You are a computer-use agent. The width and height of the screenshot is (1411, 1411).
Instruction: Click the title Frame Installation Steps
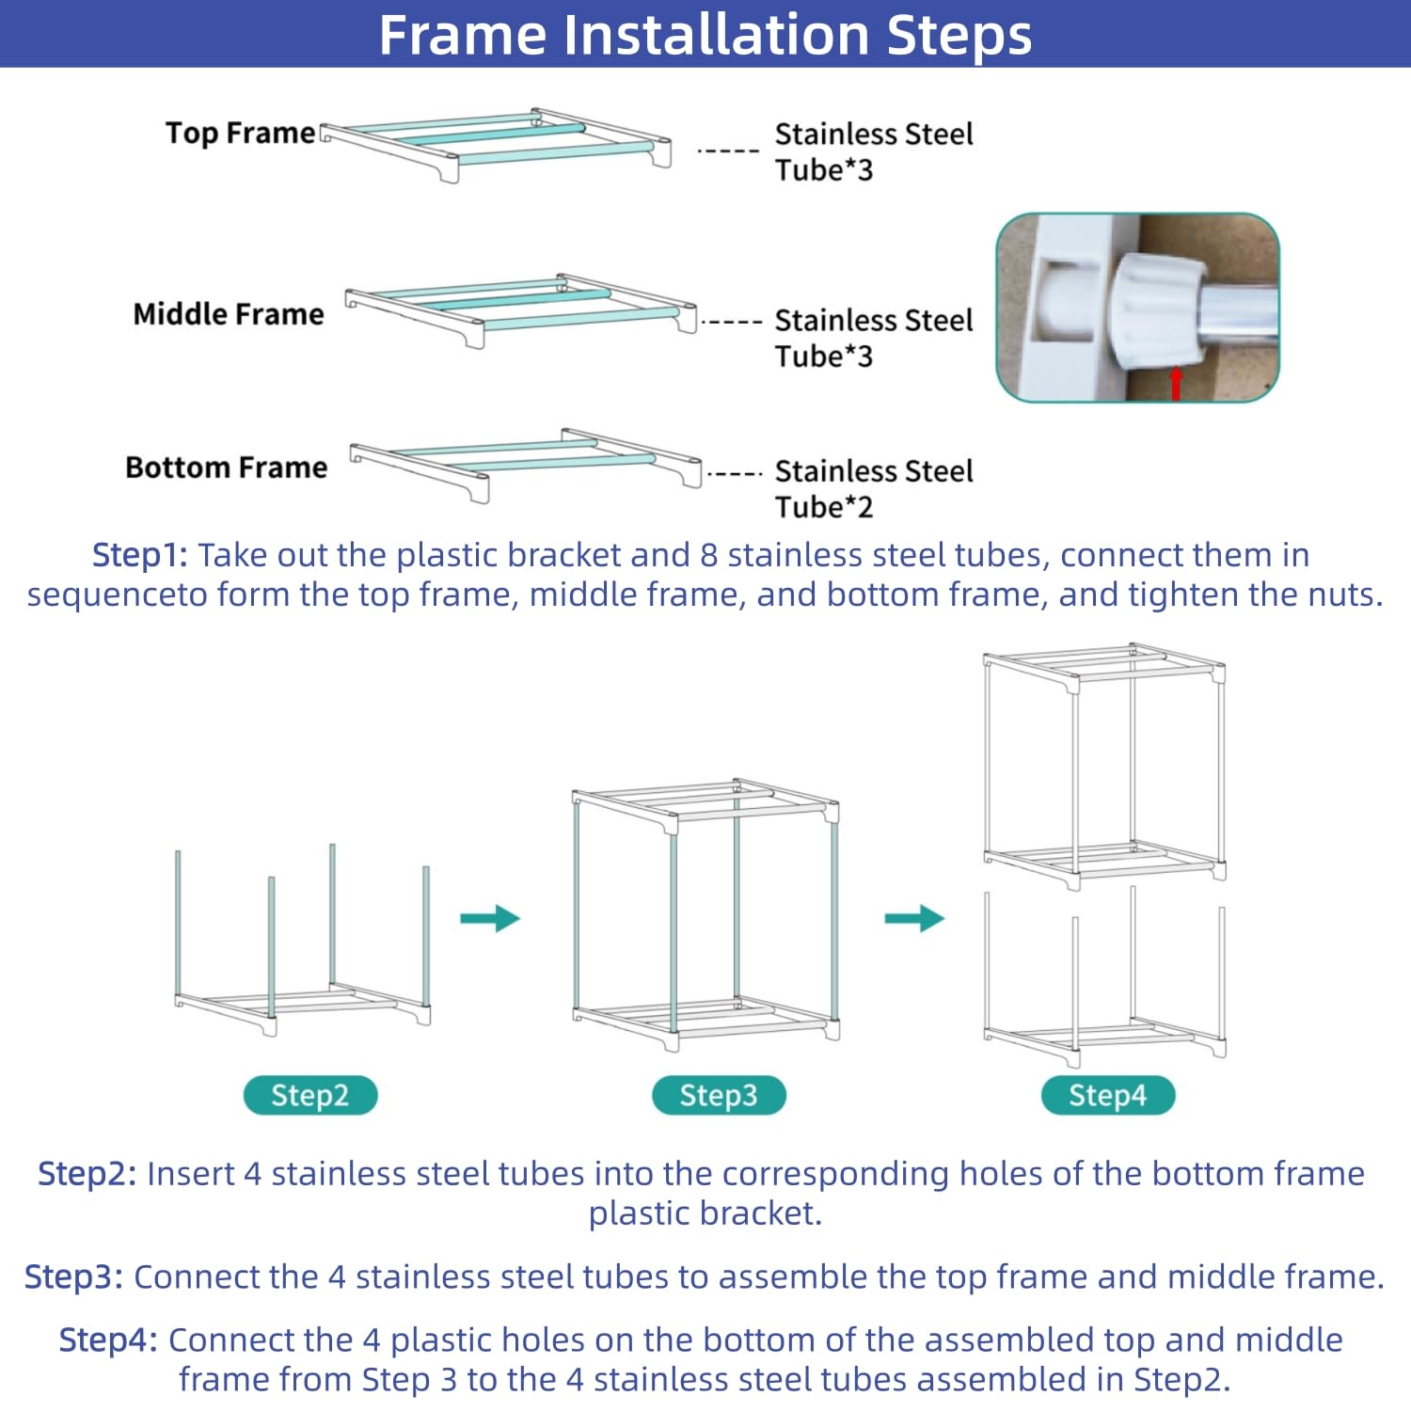point(705,35)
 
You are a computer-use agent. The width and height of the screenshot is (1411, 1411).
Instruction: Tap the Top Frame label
point(241,133)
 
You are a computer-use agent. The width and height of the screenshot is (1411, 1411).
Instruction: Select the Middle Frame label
point(229,313)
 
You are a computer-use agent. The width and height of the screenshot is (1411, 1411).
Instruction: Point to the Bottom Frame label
point(227,468)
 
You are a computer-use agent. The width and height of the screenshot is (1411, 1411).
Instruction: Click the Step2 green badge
point(310,1095)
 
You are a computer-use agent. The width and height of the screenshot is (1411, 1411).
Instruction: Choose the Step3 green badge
point(719,1095)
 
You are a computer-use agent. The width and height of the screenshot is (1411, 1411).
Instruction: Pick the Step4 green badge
point(1108,1095)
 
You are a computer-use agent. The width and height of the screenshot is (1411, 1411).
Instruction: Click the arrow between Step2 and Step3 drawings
point(490,918)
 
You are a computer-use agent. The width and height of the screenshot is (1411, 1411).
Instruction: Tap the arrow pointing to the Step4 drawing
point(914,918)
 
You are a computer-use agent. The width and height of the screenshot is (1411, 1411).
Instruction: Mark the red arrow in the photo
point(1175,383)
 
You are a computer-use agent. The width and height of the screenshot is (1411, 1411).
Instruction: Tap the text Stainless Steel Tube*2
point(874,488)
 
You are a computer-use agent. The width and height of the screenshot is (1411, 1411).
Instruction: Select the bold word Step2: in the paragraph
point(87,1174)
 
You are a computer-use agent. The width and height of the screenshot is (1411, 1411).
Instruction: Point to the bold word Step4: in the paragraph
point(108,1340)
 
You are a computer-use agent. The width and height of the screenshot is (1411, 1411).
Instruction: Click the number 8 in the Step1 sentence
point(709,555)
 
